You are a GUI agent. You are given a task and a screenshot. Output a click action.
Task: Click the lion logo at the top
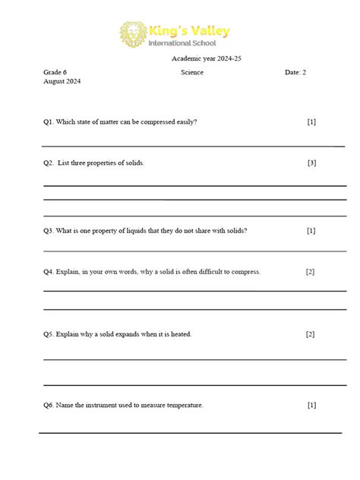click(134, 34)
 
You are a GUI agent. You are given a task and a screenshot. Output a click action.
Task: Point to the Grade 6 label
click(55, 72)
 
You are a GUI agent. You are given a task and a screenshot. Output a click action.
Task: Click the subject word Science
click(192, 72)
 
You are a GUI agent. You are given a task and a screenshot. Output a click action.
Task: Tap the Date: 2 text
click(295, 72)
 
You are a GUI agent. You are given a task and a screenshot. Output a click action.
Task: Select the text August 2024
click(62, 81)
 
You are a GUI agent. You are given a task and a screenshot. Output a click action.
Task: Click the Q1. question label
click(49, 122)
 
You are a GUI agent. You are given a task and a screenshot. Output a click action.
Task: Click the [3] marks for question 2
click(311, 163)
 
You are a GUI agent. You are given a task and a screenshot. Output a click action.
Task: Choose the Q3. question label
click(49, 230)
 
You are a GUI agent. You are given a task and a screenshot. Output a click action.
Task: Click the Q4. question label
click(49, 271)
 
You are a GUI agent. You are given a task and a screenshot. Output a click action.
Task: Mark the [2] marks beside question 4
click(310, 271)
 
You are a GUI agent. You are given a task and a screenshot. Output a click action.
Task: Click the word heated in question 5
click(178, 333)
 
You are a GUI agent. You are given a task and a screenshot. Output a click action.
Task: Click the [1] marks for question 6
click(311, 405)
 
